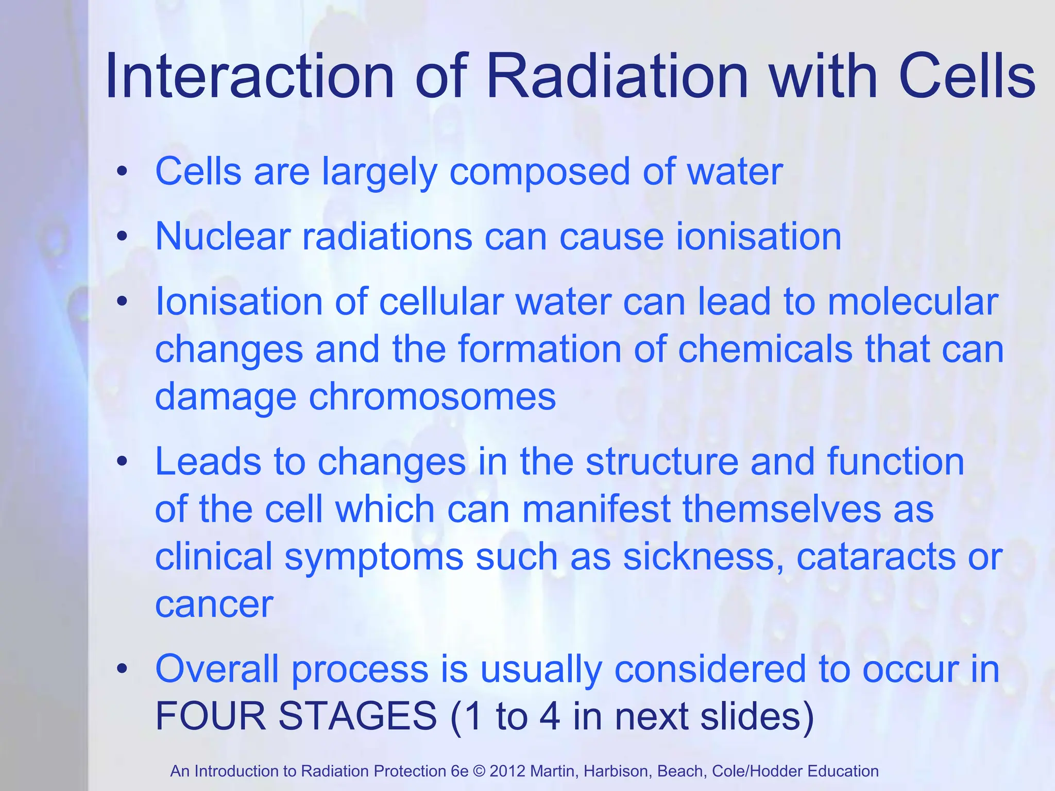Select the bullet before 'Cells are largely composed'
122,171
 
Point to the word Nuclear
223,236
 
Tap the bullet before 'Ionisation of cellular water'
122,301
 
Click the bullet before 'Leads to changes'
122,461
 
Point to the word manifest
595,509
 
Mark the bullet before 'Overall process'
122,668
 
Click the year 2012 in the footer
507,771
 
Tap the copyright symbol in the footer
479,771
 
